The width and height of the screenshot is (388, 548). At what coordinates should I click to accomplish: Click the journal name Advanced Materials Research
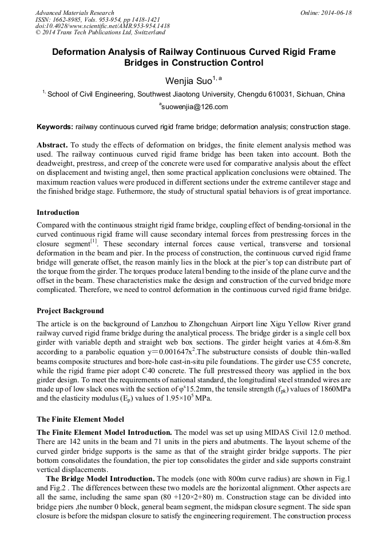coord(74,13)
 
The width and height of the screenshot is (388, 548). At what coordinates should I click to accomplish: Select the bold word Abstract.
coord(52,145)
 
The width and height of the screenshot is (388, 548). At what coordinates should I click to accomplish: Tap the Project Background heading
coord(70,311)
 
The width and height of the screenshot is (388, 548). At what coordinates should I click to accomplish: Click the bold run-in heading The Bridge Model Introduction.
coord(101,478)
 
